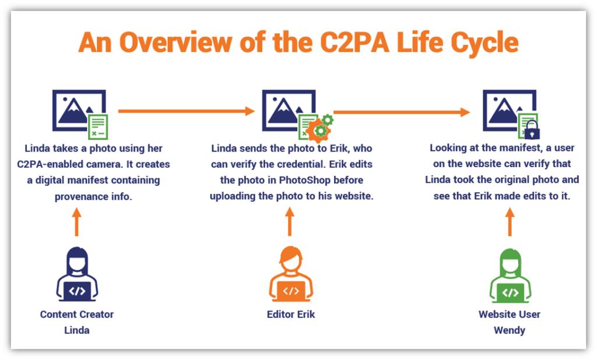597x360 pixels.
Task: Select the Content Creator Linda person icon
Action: coord(77,274)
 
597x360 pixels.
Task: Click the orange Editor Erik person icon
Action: coord(291,274)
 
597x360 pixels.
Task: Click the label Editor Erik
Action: coord(291,315)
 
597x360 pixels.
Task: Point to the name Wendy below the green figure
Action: coord(510,330)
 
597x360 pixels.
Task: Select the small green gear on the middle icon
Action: coord(327,119)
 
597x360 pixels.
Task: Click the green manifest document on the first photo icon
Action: coord(98,127)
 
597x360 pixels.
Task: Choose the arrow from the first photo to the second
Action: coord(186,111)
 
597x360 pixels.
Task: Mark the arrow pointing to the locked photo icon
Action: coord(402,112)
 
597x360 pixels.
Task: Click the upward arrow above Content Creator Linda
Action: coord(76,222)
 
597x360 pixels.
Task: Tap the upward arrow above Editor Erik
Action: coord(290,221)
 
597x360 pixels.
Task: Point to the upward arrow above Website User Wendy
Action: coord(510,222)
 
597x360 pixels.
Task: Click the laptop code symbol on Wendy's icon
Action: coord(510,292)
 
